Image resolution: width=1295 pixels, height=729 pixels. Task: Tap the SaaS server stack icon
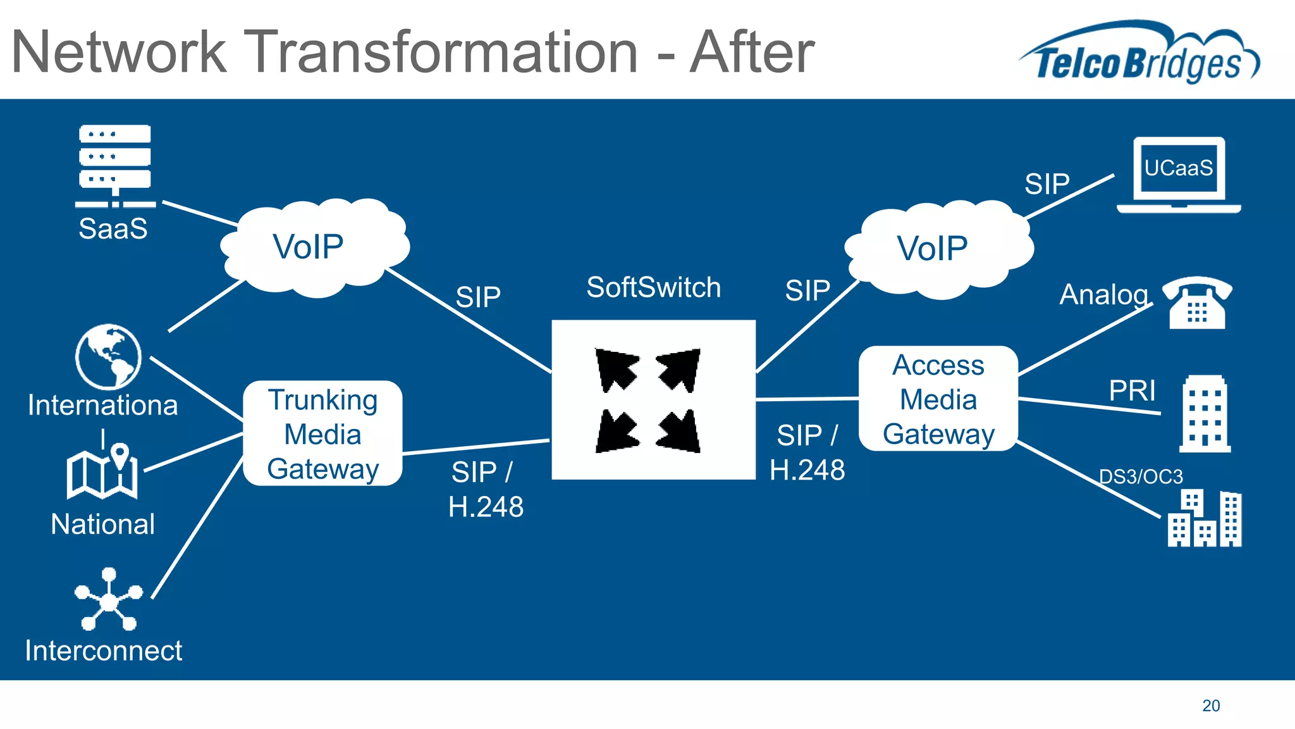coord(114,165)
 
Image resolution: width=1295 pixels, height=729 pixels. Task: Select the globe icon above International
coord(108,357)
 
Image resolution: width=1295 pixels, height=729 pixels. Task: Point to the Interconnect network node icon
coord(109,599)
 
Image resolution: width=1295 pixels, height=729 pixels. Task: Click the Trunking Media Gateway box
coord(322,434)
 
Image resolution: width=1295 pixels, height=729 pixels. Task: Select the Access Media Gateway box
coord(938,399)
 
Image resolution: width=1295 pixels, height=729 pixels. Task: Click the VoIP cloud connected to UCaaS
coord(938,249)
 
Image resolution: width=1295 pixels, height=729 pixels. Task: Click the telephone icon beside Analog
coord(1197,303)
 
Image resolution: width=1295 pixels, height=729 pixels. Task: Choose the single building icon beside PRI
coord(1205,414)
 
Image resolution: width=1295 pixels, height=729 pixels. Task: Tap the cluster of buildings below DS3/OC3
coord(1205,518)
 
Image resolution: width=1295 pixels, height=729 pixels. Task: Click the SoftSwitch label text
coord(653,288)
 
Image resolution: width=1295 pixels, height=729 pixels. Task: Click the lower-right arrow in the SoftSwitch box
coord(680,431)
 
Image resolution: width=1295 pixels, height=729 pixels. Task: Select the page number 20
coord(1210,706)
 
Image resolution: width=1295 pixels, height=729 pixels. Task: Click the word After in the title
coord(752,53)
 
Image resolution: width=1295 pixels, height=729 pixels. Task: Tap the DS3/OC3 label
coord(1140,477)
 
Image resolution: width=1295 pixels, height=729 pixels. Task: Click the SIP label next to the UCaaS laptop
coord(1046,184)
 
